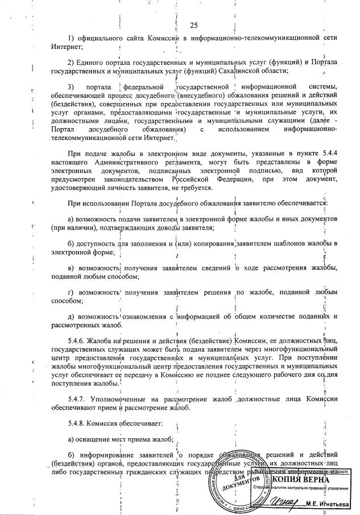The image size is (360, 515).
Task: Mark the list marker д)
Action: (x=71, y=316)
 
